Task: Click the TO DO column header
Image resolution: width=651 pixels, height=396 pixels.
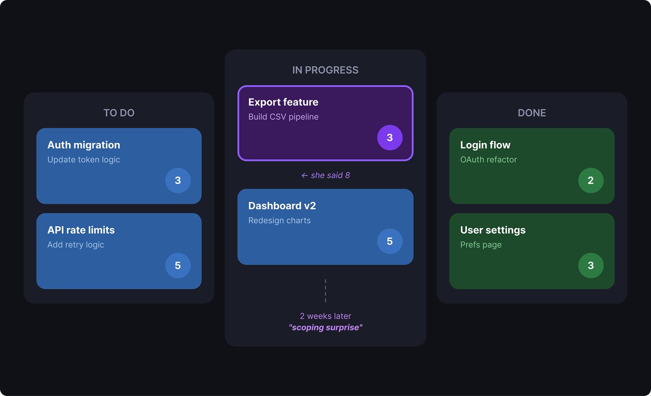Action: click(119, 113)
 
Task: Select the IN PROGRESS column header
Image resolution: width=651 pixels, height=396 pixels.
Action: click(325, 70)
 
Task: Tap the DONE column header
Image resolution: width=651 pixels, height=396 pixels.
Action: click(532, 113)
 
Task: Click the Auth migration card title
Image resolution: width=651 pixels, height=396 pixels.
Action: click(84, 145)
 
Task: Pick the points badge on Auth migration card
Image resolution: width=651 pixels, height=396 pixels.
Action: click(178, 180)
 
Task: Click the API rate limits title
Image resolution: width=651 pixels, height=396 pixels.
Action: click(81, 230)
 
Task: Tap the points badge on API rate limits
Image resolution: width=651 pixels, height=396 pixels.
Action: click(178, 265)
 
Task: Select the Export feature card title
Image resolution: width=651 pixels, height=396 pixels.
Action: click(284, 102)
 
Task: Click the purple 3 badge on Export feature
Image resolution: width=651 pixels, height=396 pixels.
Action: click(390, 137)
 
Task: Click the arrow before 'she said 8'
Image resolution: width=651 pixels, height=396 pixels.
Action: click(304, 176)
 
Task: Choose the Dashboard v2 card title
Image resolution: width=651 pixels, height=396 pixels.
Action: click(282, 206)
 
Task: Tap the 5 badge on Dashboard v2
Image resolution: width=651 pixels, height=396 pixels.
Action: click(390, 241)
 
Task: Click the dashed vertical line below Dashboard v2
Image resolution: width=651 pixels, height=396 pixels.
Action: click(325, 291)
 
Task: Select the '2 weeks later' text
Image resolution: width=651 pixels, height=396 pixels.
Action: click(325, 316)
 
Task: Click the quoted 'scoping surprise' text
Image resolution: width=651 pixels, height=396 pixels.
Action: click(325, 328)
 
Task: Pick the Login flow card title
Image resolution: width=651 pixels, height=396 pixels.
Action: click(485, 145)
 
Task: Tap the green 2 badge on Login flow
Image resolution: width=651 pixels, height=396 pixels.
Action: click(591, 180)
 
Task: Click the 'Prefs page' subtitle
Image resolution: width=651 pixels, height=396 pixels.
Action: click(481, 245)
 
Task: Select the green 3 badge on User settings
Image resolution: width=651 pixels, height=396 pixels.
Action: click(591, 265)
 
